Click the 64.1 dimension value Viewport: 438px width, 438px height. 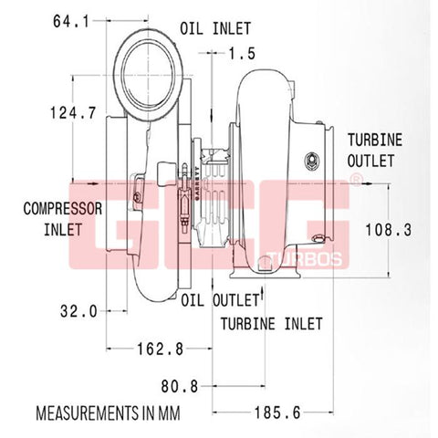(71, 22)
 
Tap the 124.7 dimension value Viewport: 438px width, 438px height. (73, 113)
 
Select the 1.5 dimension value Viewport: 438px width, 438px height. (242, 54)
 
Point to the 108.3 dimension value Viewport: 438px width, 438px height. (388, 230)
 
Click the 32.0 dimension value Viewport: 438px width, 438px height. (78, 311)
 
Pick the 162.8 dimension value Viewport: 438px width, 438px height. (161, 349)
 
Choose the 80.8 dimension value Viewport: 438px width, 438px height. (180, 387)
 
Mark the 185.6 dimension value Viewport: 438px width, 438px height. (277, 412)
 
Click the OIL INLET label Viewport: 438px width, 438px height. (215, 28)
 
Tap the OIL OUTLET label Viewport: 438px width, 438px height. (220, 300)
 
